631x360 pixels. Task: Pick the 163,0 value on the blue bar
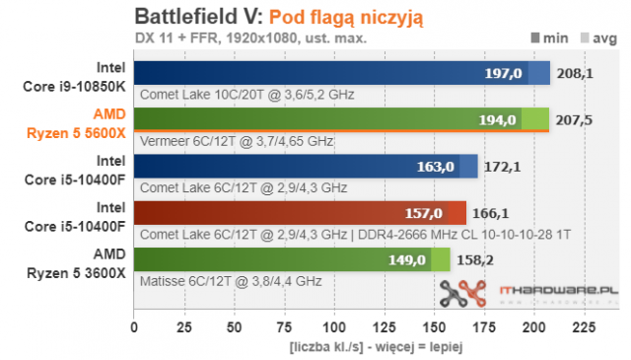click(x=437, y=167)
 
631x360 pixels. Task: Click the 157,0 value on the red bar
click(x=425, y=213)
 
